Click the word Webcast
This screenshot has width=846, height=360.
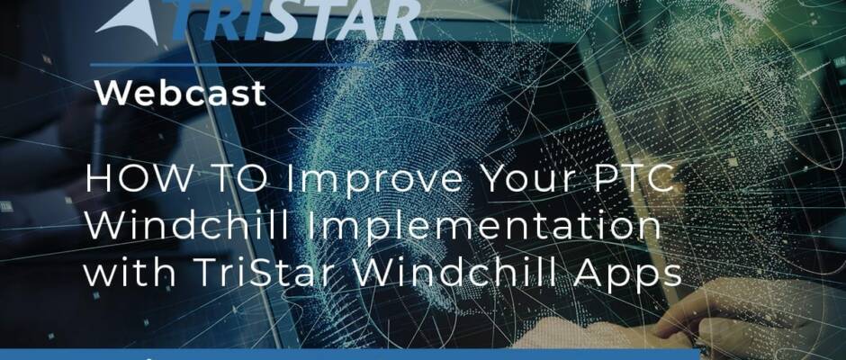[181, 93]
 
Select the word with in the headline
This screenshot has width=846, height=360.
[129, 273]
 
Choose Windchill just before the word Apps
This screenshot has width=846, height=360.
[464, 273]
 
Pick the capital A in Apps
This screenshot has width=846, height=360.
[600, 273]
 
